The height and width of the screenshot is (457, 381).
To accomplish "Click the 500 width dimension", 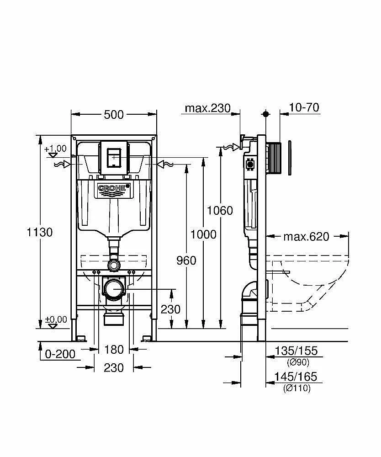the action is coord(114,115).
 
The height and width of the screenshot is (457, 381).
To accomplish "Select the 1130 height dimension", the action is coord(40,232).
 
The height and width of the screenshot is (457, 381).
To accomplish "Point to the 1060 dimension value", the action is coord(220,210).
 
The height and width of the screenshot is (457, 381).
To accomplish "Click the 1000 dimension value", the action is coord(203,234).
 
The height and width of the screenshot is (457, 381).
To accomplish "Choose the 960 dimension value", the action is coord(186,260).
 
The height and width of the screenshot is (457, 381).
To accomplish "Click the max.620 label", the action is coord(306,236).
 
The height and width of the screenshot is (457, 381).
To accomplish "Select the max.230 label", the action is coord(208,108).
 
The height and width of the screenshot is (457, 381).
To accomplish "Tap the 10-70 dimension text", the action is coord(304,107).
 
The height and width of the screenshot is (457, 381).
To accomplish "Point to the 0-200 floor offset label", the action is coord(60,354).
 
